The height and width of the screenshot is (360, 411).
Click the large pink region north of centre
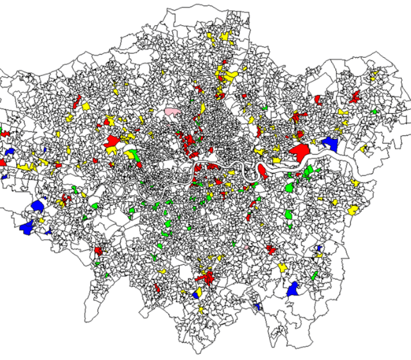click(172, 112)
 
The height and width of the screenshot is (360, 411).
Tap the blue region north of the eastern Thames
click(329, 142)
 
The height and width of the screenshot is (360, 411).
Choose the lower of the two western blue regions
click(28, 227)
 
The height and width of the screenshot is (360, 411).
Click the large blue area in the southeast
click(293, 289)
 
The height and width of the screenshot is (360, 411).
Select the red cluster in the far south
click(207, 278)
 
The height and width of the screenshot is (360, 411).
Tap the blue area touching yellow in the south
click(197, 295)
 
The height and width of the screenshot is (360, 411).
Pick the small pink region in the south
click(247, 247)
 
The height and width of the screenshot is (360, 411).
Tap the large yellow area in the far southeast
click(353, 210)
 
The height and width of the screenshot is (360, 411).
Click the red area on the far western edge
click(3, 134)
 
